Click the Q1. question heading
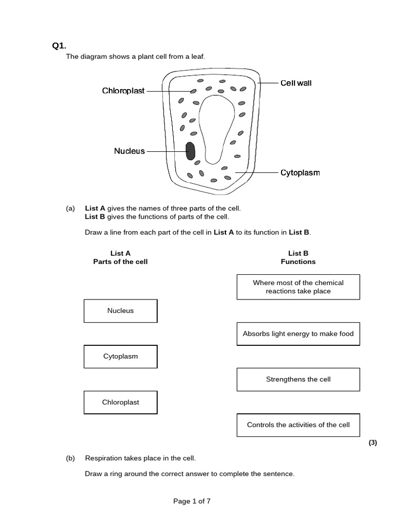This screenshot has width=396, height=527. click(x=59, y=46)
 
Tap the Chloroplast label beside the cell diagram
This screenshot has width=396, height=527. click(x=123, y=91)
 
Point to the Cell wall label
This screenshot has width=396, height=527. click(x=296, y=83)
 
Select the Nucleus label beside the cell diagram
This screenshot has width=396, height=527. click(x=129, y=151)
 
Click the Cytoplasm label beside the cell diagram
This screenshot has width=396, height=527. click(x=300, y=173)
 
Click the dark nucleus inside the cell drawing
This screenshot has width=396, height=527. click(x=190, y=151)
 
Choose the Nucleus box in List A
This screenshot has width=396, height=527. click(x=120, y=311)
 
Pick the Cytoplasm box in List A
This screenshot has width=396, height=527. click(x=120, y=357)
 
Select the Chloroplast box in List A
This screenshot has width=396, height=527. click(x=120, y=402)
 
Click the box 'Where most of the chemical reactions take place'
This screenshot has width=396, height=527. click(x=298, y=287)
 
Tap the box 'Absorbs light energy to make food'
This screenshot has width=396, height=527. click(x=298, y=333)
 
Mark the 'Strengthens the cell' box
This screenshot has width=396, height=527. click(x=298, y=379)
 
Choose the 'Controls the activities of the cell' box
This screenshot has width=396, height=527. click(x=298, y=425)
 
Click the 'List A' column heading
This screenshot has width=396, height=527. click(x=120, y=253)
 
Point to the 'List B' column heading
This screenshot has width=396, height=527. click(x=298, y=253)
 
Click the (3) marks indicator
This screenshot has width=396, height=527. click(x=373, y=443)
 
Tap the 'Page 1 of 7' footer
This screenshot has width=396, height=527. click(x=192, y=501)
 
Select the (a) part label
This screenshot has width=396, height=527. click(x=70, y=208)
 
